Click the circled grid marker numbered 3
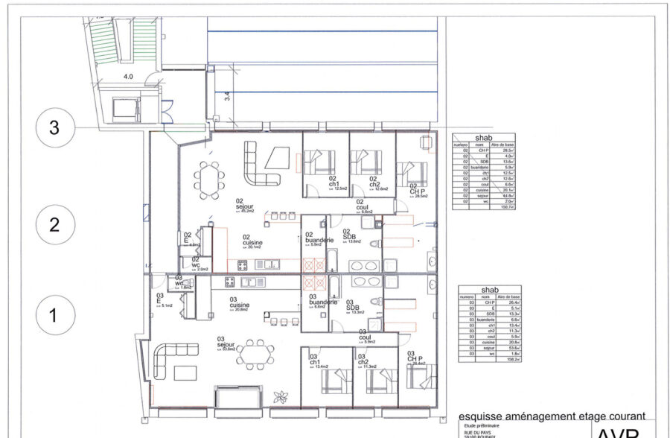pos(54,127)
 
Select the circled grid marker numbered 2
pos(54,224)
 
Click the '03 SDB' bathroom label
pos(352,308)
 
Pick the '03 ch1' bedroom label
pos(316,361)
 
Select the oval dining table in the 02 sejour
pos(208,178)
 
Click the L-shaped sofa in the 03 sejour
pos(168,361)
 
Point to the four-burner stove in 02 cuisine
pos(242,264)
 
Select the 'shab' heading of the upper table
pos(484,137)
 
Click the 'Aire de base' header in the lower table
pos(508,296)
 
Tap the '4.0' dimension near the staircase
pos(127,76)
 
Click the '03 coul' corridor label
pos(365,338)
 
